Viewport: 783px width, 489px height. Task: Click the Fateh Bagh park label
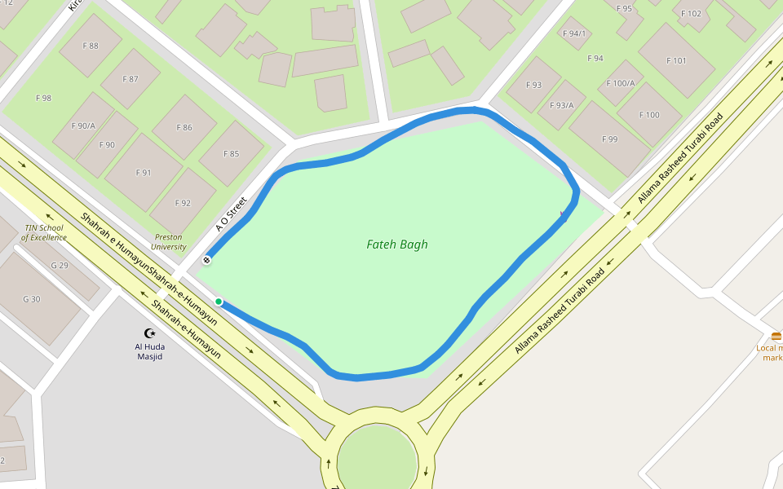point(397,244)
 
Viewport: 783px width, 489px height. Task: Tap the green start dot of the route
point(219,302)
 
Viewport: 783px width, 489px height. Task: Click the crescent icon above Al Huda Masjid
point(149,333)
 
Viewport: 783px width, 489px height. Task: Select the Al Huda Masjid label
point(149,351)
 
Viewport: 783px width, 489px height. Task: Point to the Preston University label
point(169,242)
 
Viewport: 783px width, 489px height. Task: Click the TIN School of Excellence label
point(45,232)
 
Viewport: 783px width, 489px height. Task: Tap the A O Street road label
point(231,214)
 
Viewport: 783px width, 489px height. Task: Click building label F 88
point(91,46)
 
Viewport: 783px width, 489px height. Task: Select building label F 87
point(130,79)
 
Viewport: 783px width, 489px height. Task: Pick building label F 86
point(184,127)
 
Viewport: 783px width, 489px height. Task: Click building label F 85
point(231,153)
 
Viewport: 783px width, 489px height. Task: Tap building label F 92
point(182,203)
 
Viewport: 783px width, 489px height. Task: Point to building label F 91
point(144,172)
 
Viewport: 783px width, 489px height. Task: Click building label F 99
point(609,139)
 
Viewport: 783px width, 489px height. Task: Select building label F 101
point(676,60)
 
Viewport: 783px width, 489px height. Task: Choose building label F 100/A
point(622,83)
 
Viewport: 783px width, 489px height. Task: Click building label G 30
point(31,299)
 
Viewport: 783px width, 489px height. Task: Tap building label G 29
point(60,266)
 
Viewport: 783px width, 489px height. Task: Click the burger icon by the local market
point(776,336)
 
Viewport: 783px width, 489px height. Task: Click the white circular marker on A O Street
point(206,260)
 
